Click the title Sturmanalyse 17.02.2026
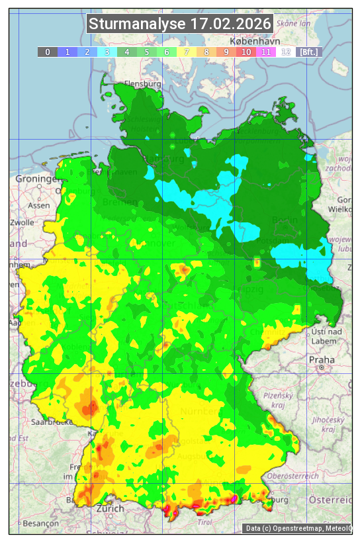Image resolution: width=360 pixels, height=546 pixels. pos(180,24)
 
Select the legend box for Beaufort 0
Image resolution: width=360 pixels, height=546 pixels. pos(47,52)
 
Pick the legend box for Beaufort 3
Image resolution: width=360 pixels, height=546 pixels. pos(107,52)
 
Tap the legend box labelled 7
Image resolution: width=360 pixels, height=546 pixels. pos(187,52)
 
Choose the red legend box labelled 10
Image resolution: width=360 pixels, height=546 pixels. pos(246,52)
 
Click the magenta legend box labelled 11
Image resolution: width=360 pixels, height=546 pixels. pos(266,52)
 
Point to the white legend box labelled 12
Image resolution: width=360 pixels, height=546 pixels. pos(286,52)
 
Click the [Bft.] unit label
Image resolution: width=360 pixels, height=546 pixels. pos(308,52)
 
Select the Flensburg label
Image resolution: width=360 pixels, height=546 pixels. pos(143,85)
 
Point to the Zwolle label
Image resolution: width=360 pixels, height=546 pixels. pos(22,222)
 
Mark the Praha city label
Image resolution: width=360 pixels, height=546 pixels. pos(322,359)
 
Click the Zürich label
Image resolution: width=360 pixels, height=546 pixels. pos(109,508)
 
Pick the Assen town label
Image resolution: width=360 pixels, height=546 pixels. pos(39,205)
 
